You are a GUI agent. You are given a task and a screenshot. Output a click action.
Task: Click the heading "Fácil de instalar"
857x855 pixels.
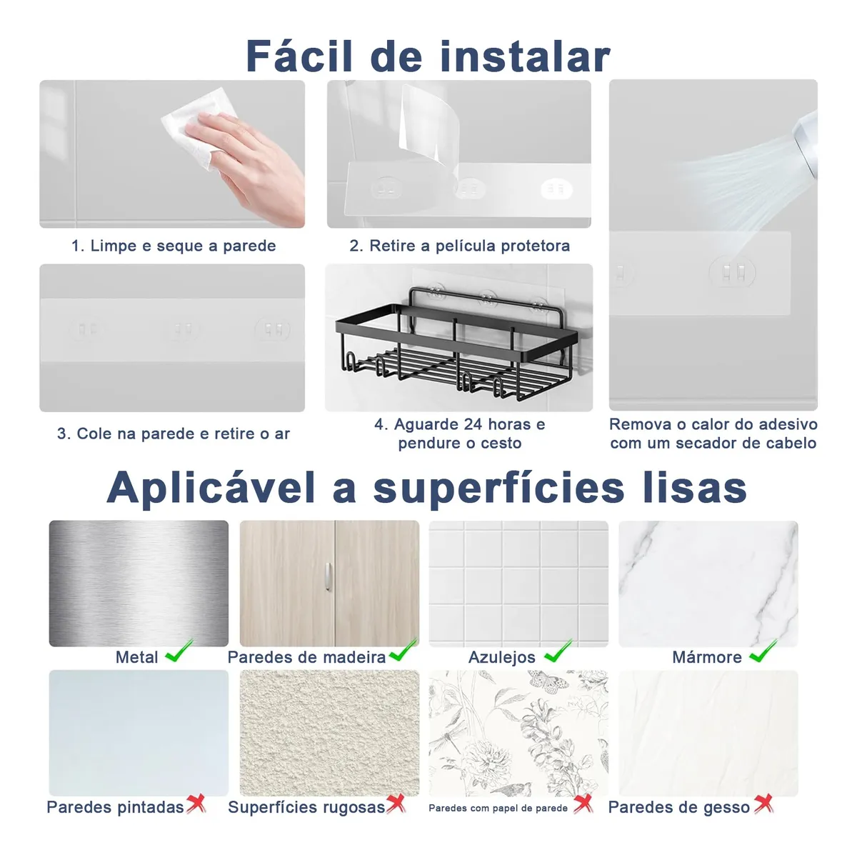click(x=428, y=56)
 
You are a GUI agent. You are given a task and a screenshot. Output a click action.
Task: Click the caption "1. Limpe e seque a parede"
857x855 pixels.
click(x=174, y=246)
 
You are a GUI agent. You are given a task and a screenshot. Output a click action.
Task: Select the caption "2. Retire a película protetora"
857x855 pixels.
click(x=459, y=246)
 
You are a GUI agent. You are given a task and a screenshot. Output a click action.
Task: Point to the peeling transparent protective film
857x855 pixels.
click(x=429, y=129)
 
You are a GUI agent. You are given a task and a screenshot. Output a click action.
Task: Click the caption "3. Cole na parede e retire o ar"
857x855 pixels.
click(x=174, y=434)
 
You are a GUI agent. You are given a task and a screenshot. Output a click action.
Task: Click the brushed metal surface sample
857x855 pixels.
click(x=139, y=583)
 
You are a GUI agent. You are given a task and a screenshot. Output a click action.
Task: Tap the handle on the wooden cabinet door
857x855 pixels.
click(x=329, y=576)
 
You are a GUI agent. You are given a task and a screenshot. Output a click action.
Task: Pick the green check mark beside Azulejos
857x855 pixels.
click(x=558, y=651)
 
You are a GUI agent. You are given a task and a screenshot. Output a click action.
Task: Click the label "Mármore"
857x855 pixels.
click(x=707, y=657)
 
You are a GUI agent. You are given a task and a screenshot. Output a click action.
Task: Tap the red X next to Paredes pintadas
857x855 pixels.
click(x=196, y=803)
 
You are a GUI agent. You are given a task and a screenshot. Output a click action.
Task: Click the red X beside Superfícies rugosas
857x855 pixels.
click(x=396, y=803)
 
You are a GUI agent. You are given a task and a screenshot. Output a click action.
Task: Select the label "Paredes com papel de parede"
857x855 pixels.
click(x=498, y=808)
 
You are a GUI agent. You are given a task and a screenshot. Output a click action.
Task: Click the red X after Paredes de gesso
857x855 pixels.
click(x=763, y=804)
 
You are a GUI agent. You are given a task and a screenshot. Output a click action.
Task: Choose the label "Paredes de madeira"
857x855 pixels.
click(x=306, y=657)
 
